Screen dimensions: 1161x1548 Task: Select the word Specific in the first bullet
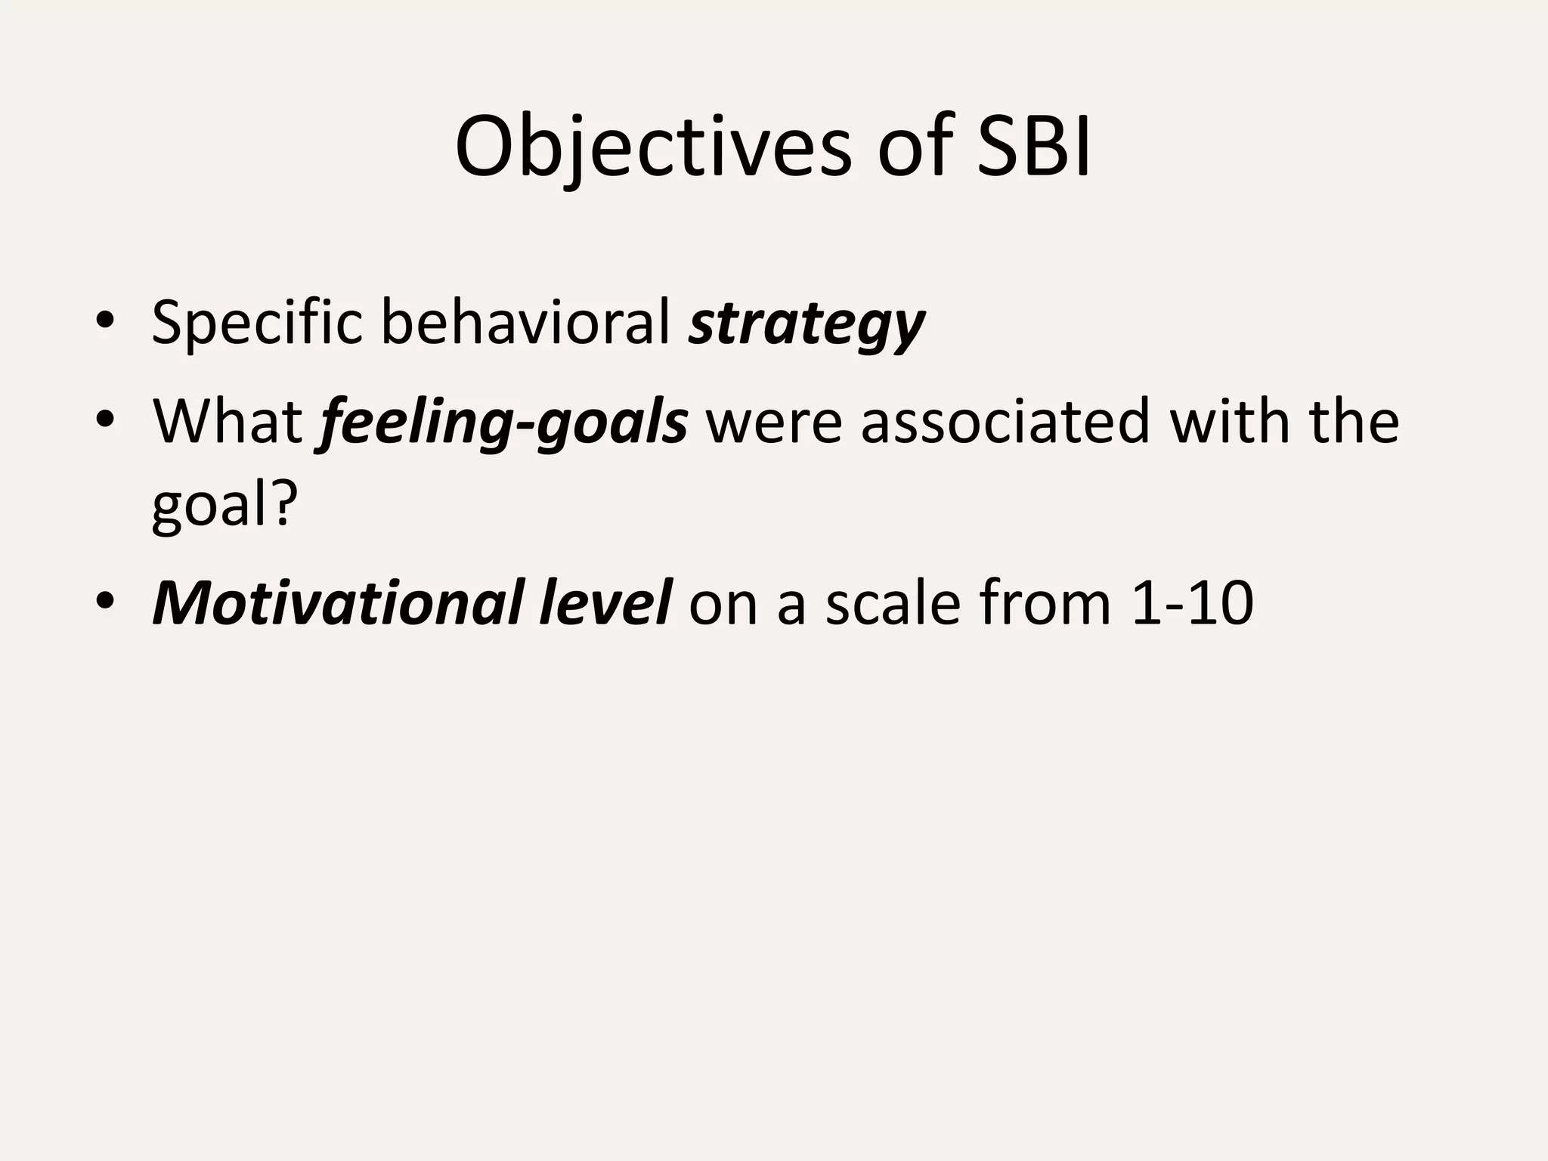(256, 323)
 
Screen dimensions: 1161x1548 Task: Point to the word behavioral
(525, 323)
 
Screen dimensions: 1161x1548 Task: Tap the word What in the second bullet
(228, 421)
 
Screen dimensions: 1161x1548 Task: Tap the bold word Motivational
(336, 602)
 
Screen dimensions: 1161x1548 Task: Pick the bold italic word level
(604, 602)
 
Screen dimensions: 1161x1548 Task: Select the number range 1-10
(1193, 602)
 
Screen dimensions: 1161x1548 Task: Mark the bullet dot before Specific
(105, 323)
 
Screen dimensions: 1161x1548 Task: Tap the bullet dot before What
(105, 421)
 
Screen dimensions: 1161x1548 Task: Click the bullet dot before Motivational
(105, 602)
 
